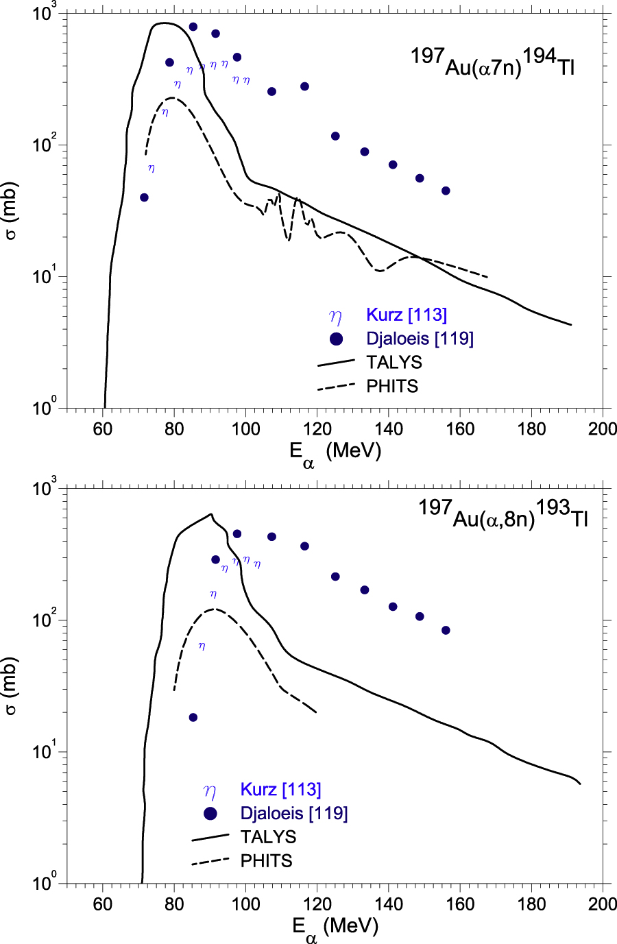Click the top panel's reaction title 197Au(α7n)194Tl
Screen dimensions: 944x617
(492, 63)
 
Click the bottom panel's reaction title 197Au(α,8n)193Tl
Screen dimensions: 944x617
(503, 514)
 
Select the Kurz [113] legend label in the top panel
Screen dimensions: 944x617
(407, 315)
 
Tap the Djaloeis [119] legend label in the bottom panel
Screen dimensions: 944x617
(294, 814)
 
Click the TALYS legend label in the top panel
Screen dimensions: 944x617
(394, 362)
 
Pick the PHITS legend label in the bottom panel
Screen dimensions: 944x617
(266, 861)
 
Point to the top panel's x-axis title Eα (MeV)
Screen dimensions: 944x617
(335, 453)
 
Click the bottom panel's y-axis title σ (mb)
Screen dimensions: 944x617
(11, 686)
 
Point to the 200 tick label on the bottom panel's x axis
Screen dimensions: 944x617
(603, 904)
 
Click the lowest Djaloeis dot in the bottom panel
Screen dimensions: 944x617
(193, 718)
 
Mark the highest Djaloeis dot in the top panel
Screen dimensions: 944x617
(193, 27)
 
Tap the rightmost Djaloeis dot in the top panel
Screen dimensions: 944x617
(446, 191)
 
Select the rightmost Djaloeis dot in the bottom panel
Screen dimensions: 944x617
(446, 631)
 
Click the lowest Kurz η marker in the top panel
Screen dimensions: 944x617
(152, 168)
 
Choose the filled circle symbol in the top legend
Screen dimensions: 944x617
(336, 339)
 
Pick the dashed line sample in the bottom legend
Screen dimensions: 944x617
(210, 861)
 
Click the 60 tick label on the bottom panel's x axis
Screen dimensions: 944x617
(103, 904)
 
